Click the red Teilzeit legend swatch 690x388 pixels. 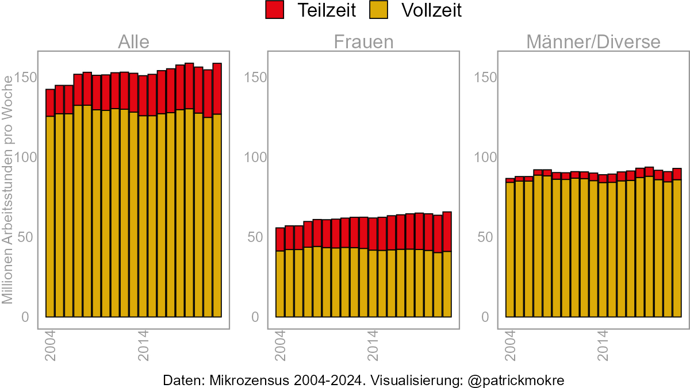coord(275,10)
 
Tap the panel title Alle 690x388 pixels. coord(133,42)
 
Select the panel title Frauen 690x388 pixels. coord(364,42)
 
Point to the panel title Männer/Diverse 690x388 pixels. coord(593,42)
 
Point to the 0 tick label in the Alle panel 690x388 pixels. coord(26,317)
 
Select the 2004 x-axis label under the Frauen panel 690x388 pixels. coord(280,345)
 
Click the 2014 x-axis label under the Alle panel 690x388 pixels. coord(143,345)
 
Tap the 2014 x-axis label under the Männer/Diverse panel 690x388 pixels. coord(603,345)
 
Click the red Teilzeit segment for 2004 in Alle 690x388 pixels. coord(50,103)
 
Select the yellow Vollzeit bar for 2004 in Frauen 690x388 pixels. coord(280,284)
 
